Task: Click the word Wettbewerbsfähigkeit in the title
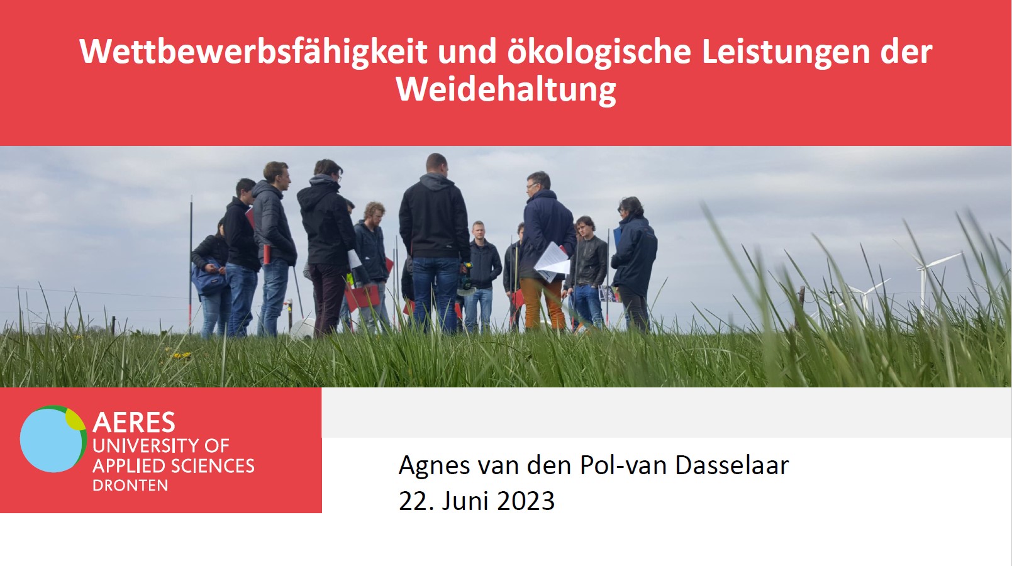pyautogui.click(x=253, y=52)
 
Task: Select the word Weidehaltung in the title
pyautogui.click(x=506, y=91)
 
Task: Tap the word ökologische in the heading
pyautogui.click(x=599, y=52)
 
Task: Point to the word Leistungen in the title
pyautogui.click(x=786, y=52)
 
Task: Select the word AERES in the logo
pyautogui.click(x=134, y=423)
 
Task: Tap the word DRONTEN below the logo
pyautogui.click(x=130, y=486)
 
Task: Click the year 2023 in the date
pyautogui.click(x=526, y=501)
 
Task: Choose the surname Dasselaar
pyautogui.click(x=732, y=465)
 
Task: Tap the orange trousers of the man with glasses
pyautogui.click(x=542, y=302)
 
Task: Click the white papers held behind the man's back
pyautogui.click(x=552, y=262)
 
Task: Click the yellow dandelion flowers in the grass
pyautogui.click(x=182, y=355)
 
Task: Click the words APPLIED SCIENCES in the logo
pyautogui.click(x=174, y=466)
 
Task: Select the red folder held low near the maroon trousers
pyautogui.click(x=362, y=297)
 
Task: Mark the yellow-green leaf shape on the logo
pyautogui.click(x=75, y=419)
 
